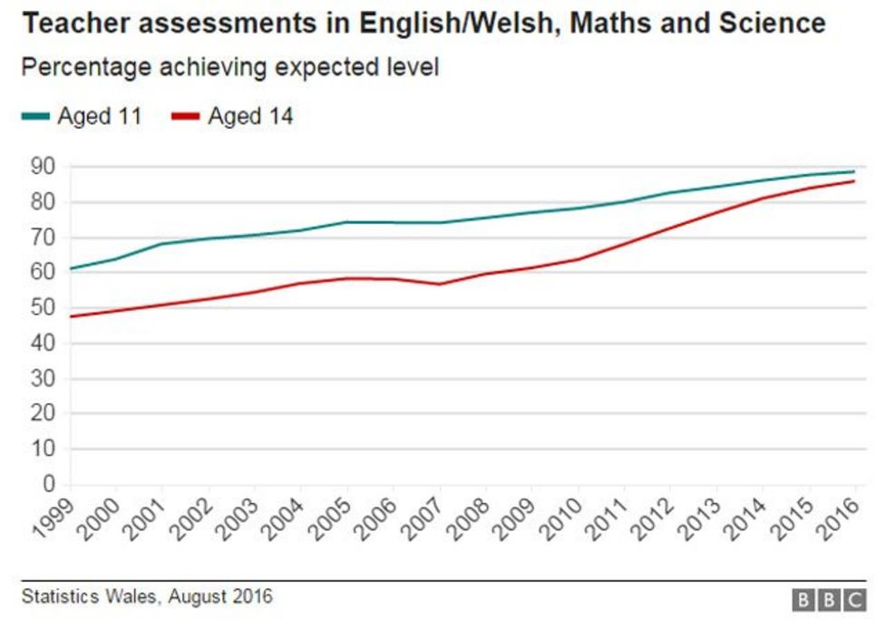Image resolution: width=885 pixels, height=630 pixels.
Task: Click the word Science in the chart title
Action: tap(770, 23)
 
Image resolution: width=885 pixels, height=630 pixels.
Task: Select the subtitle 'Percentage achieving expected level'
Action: tap(230, 68)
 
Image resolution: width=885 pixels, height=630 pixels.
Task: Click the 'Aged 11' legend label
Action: tap(100, 116)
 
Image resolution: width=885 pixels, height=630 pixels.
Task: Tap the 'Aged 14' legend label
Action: tap(250, 116)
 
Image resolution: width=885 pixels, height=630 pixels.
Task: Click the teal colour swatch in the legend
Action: tap(36, 117)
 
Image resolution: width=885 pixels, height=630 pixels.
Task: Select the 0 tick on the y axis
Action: tap(49, 484)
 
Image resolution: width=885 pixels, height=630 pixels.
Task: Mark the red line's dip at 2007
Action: tap(439, 284)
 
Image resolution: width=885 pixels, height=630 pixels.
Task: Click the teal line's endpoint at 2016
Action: tap(854, 171)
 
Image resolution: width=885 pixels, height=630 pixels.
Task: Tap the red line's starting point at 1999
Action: tap(71, 316)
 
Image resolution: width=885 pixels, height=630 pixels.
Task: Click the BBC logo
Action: tap(829, 600)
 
